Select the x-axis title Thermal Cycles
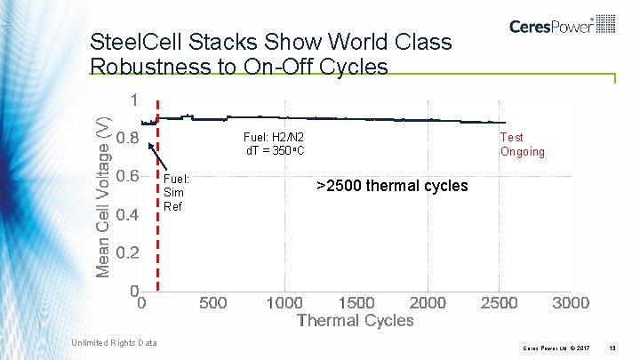pyautogui.click(x=355, y=320)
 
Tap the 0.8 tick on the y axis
pyautogui.click(x=127, y=139)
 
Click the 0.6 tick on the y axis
pyautogui.click(x=127, y=176)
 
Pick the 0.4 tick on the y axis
pyautogui.click(x=127, y=214)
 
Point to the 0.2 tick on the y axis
pyautogui.click(x=127, y=252)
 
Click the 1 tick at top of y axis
pyautogui.click(x=134, y=100)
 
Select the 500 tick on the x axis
pyautogui.click(x=212, y=303)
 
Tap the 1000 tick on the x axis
pyautogui.click(x=284, y=303)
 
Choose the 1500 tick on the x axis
pyautogui.click(x=356, y=303)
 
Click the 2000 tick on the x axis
pyautogui.click(x=428, y=303)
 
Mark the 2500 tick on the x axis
pyautogui.click(x=499, y=303)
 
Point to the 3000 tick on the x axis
pyautogui.click(x=571, y=303)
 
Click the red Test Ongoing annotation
pyautogui.click(x=522, y=144)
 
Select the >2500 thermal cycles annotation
pyautogui.click(x=392, y=186)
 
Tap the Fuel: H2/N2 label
pyautogui.click(x=274, y=137)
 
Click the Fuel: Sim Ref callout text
pyautogui.click(x=175, y=192)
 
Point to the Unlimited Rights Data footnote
pyautogui.click(x=114, y=343)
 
